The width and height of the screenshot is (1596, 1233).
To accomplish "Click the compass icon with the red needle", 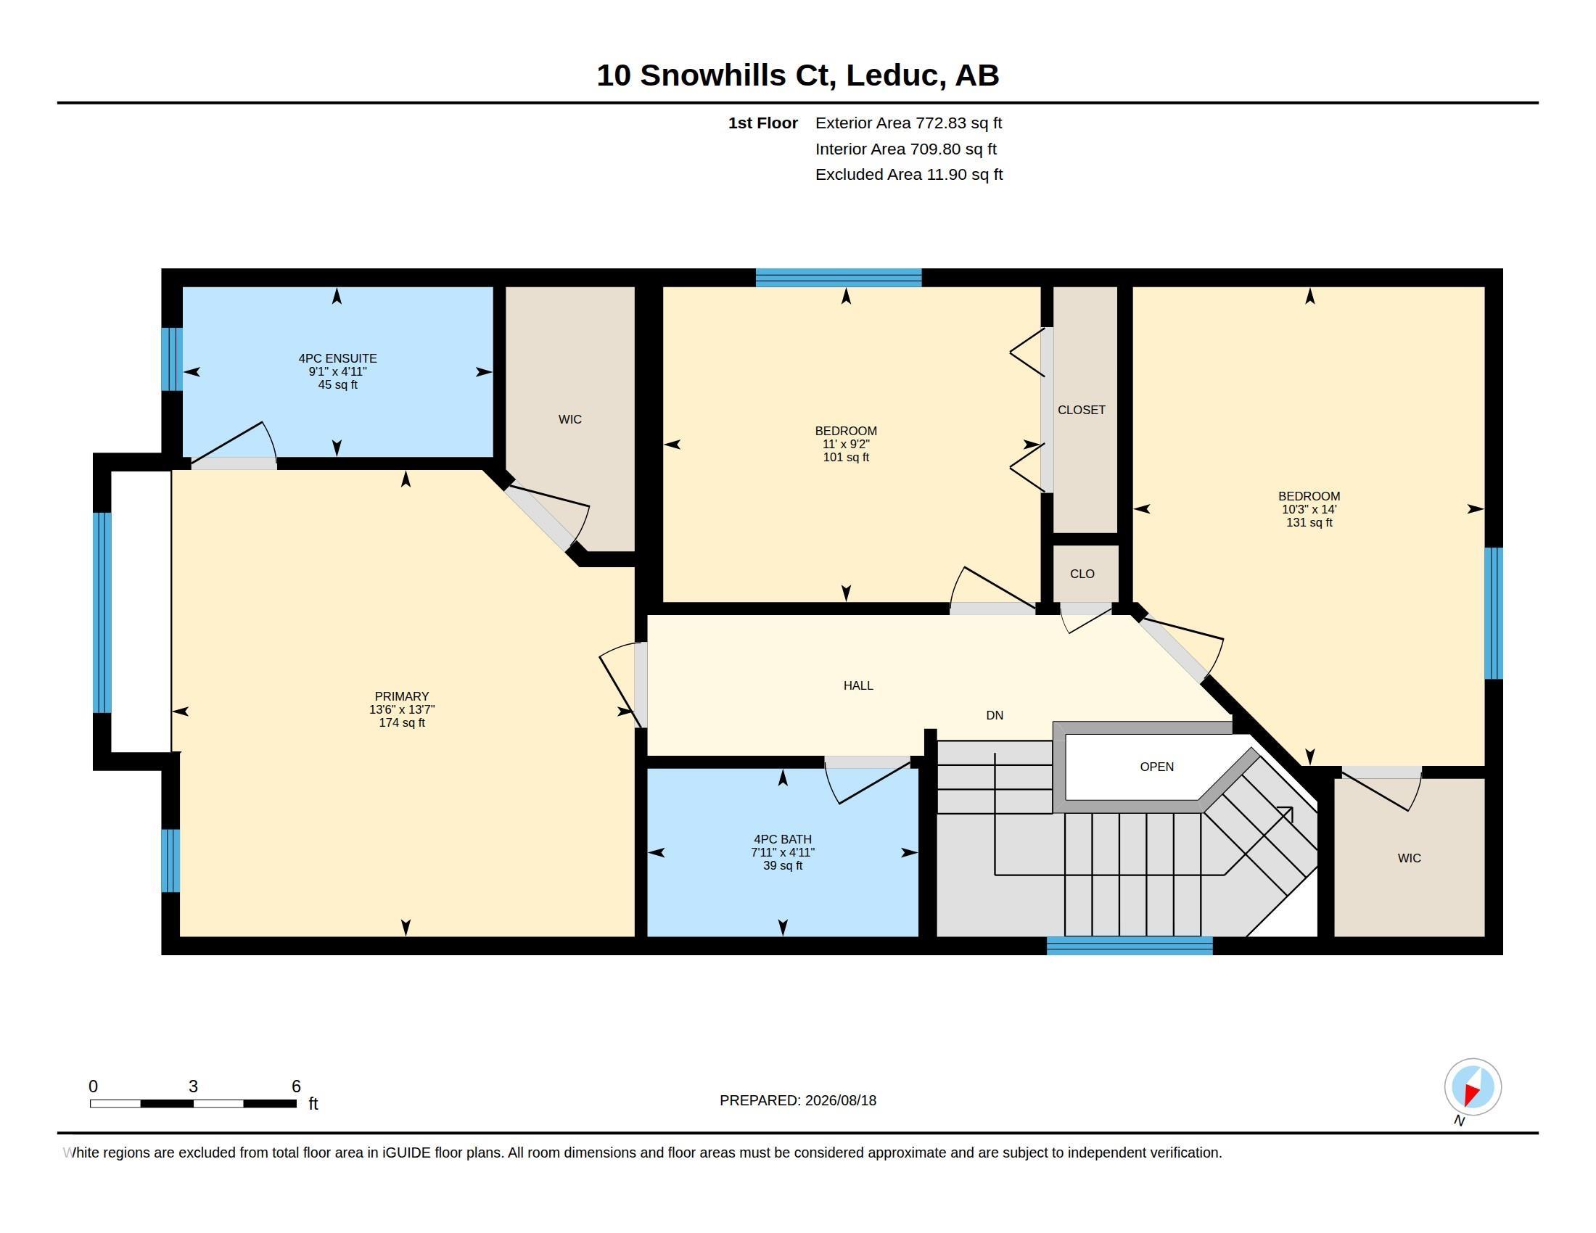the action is click(x=1473, y=1087).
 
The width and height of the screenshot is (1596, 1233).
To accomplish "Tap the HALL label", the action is click(x=858, y=685).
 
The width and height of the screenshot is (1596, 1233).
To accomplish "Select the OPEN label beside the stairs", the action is click(x=1157, y=766).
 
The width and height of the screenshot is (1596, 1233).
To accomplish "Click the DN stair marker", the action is click(x=995, y=715).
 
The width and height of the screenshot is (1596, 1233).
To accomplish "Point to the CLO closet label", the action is click(x=1082, y=574).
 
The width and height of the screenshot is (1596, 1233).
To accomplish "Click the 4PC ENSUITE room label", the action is click(x=337, y=358).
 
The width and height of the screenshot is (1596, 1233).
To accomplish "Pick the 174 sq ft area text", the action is click(x=402, y=722).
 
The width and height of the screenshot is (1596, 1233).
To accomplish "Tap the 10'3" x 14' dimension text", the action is click(x=1309, y=510).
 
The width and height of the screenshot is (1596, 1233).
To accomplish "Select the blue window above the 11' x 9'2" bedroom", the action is click(x=838, y=278).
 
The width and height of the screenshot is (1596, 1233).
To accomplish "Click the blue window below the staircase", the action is click(x=1130, y=946).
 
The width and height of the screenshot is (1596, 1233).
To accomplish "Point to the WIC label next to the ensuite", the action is click(x=570, y=419).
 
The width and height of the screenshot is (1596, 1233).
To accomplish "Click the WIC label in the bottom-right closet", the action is click(x=1409, y=858).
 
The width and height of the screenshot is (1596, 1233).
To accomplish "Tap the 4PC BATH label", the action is click(x=783, y=839).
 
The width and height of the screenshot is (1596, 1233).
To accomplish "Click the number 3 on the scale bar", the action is click(x=193, y=1086).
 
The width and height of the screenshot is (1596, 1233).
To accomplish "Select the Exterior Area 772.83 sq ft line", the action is click(x=908, y=123).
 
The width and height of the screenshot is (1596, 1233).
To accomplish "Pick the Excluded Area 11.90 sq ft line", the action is click(x=909, y=175).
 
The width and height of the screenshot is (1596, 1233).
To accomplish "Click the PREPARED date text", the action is click(x=798, y=1100).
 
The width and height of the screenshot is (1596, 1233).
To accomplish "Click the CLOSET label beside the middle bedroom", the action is click(x=1082, y=410).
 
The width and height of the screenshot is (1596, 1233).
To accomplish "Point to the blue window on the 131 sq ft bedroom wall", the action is click(x=1494, y=614).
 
